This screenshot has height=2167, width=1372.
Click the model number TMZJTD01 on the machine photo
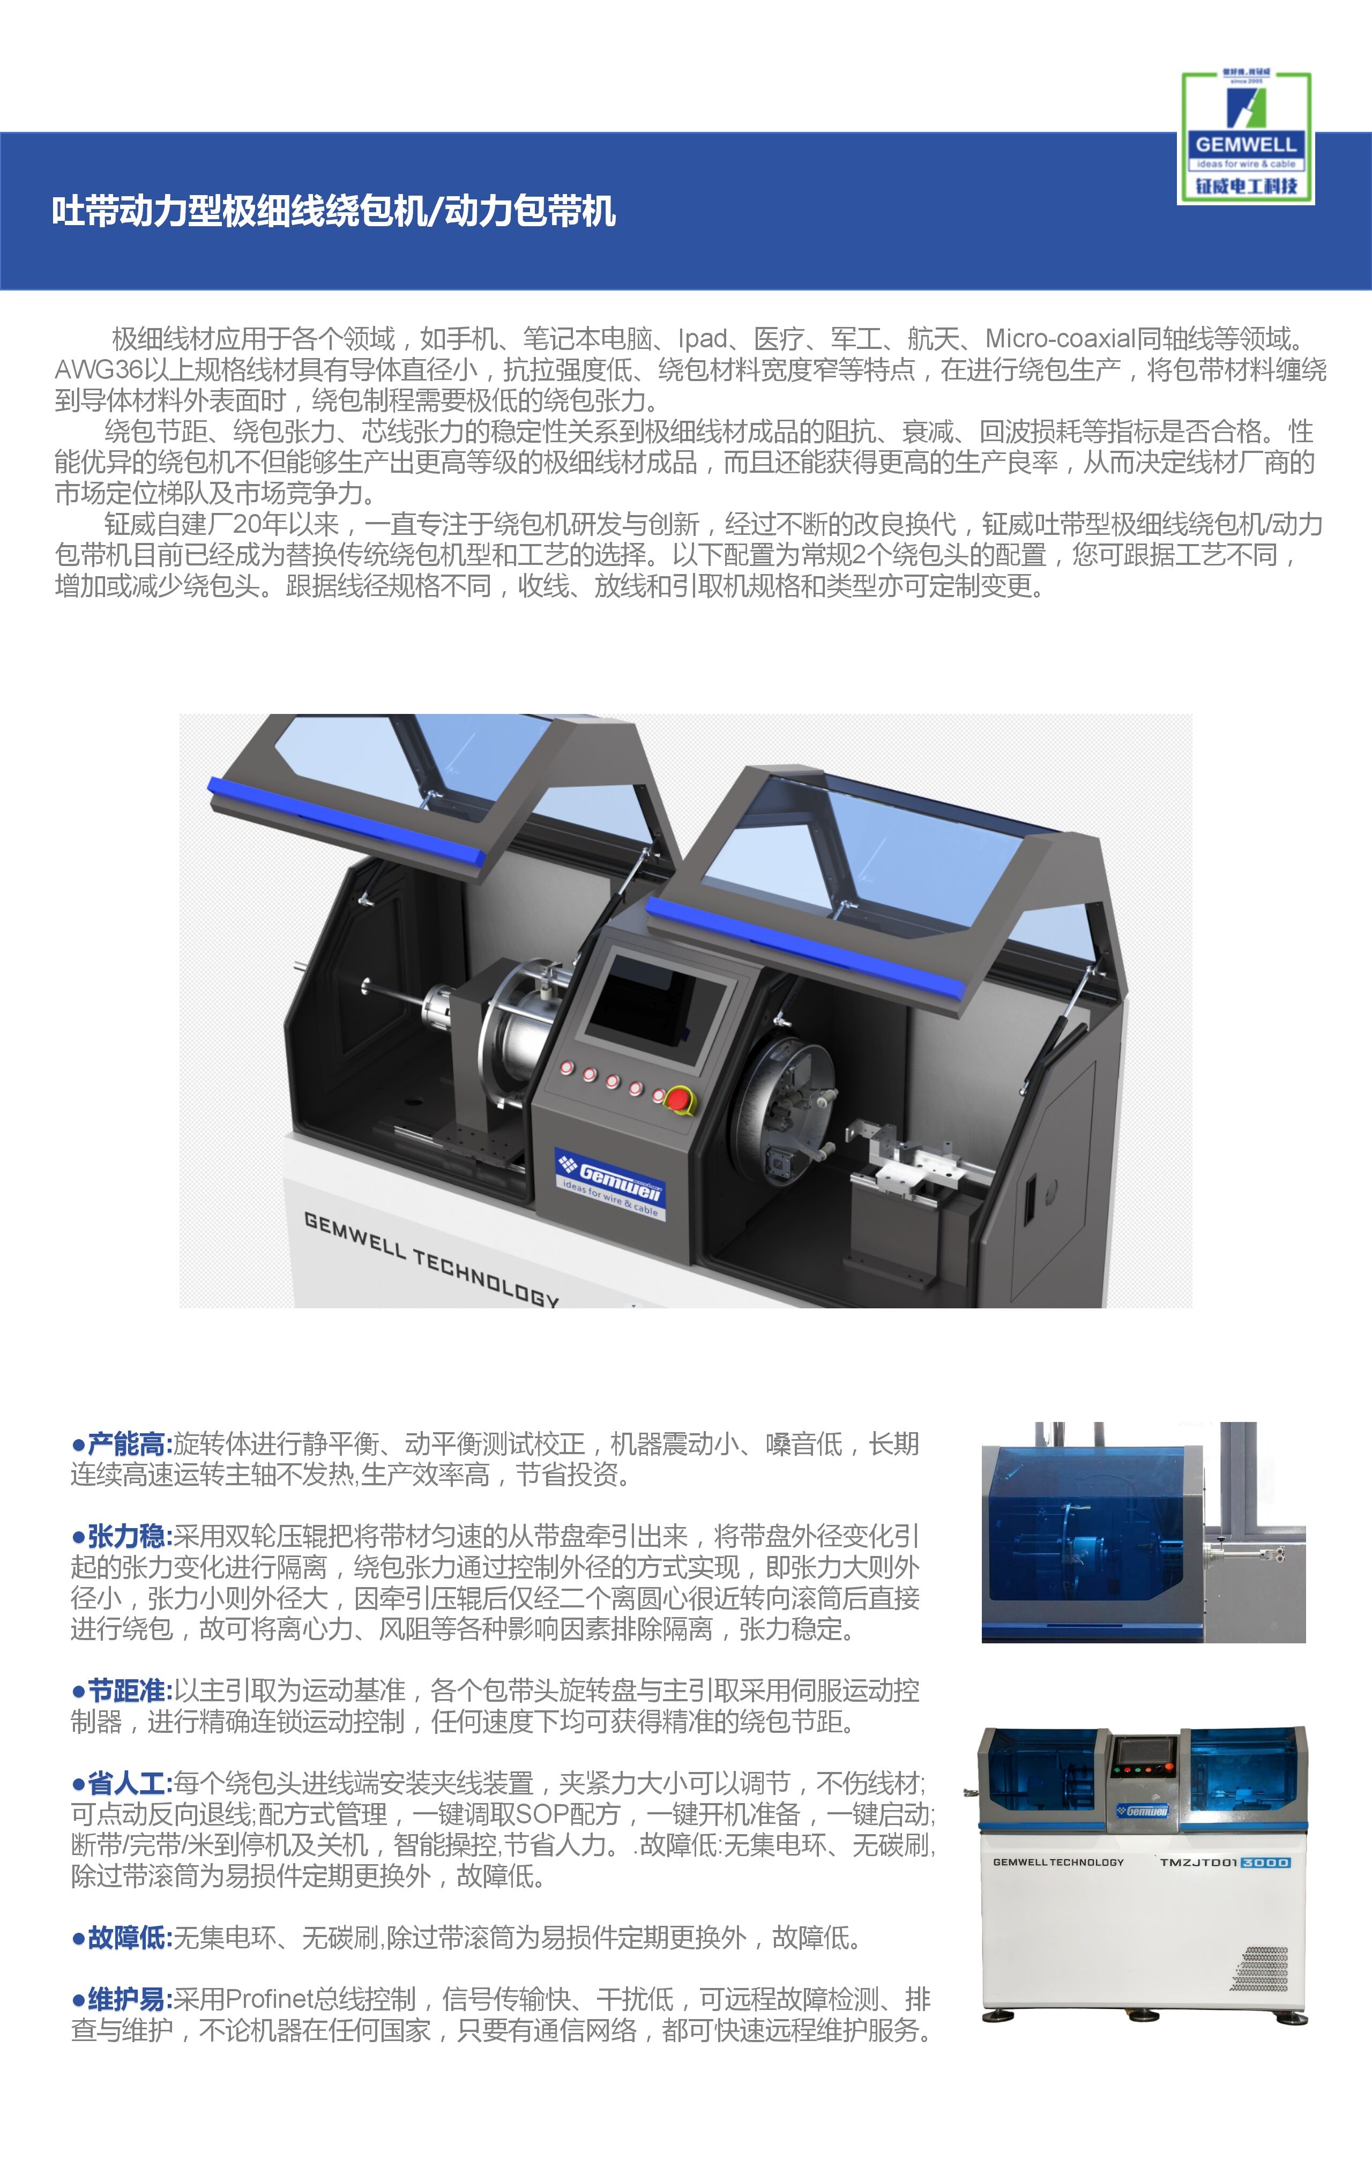pos(1198,1862)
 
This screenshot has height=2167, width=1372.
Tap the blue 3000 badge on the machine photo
pos(1265,1862)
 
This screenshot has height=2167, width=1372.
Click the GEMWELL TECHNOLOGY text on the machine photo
pos(1058,1862)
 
